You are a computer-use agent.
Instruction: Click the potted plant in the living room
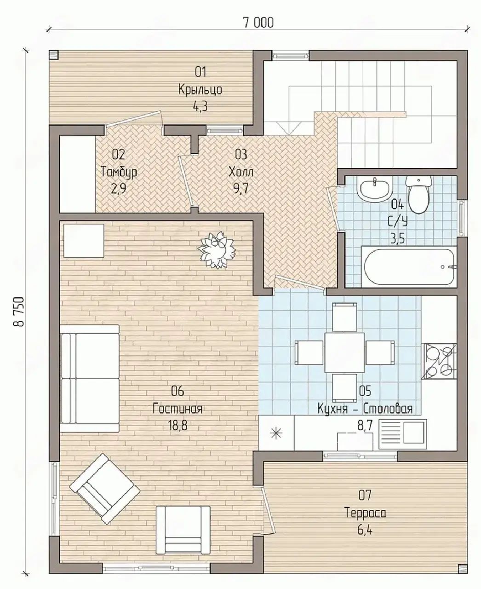(217, 249)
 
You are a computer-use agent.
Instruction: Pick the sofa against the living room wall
(90, 379)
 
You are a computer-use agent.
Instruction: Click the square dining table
(344, 353)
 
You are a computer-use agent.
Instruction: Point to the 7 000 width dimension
(258, 23)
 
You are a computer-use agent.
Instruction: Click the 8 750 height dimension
(19, 311)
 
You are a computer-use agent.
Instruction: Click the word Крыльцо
(200, 90)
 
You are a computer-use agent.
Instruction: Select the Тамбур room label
(119, 172)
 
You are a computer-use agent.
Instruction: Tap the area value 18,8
(178, 425)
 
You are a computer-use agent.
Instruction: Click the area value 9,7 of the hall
(240, 189)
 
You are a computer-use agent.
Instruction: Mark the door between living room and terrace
(268, 511)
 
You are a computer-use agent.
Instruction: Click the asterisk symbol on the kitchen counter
(276, 433)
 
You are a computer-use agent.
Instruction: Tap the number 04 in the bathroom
(397, 205)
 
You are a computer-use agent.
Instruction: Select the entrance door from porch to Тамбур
(134, 120)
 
